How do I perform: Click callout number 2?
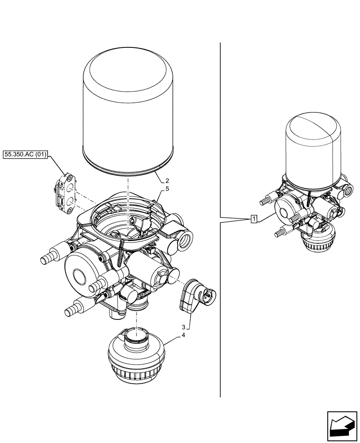[x=167, y=181]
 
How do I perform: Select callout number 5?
[x=167, y=189]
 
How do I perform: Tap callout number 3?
[x=183, y=327]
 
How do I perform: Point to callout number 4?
[x=183, y=336]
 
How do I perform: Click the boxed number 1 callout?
[x=253, y=218]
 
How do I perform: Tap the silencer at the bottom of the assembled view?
[x=317, y=239]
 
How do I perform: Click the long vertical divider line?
[x=220, y=221]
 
